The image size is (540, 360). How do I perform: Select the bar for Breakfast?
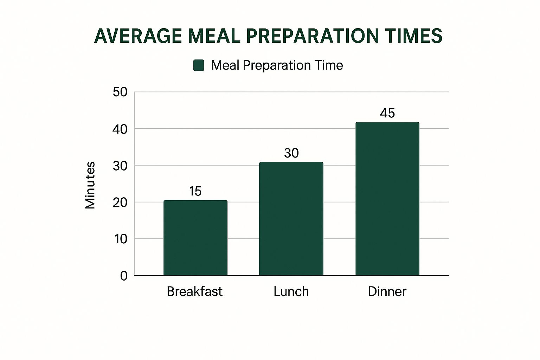pyautogui.click(x=195, y=238)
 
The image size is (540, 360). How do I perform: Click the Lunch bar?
pyautogui.click(x=291, y=219)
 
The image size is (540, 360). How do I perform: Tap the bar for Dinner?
pyautogui.click(x=387, y=199)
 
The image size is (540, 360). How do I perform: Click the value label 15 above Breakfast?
pyautogui.click(x=195, y=191)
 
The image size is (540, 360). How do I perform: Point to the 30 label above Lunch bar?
pyautogui.click(x=291, y=153)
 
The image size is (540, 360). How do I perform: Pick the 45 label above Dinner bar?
pyautogui.click(x=387, y=113)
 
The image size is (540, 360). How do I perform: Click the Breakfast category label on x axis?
pyautogui.click(x=194, y=291)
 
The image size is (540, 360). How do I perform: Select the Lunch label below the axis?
pyautogui.click(x=291, y=291)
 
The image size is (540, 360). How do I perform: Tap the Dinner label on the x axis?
pyautogui.click(x=387, y=291)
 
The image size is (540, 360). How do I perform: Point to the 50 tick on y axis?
pyautogui.click(x=120, y=92)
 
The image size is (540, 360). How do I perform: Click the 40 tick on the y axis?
pyautogui.click(x=120, y=129)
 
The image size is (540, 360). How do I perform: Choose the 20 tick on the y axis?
pyautogui.click(x=120, y=202)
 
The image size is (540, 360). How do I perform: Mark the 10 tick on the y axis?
pyautogui.click(x=120, y=239)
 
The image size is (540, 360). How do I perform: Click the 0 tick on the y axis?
pyautogui.click(x=124, y=276)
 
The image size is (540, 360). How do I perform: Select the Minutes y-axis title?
pyautogui.click(x=90, y=185)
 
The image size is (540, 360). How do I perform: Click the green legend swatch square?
pyautogui.click(x=199, y=65)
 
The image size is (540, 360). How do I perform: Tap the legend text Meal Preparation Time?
pyautogui.click(x=277, y=65)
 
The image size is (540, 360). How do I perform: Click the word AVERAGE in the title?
pyautogui.click(x=138, y=36)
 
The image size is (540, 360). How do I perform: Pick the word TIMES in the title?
pyautogui.click(x=413, y=36)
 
